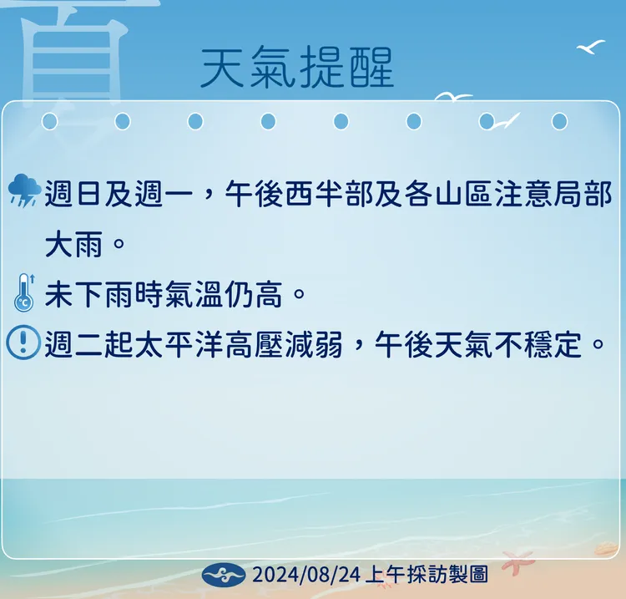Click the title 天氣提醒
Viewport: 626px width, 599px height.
coord(297,67)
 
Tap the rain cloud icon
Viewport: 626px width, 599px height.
coord(23,191)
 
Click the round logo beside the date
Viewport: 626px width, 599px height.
coord(225,575)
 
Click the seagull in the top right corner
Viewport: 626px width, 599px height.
coord(591,47)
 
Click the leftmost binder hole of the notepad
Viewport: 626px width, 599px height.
coord(49,122)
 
